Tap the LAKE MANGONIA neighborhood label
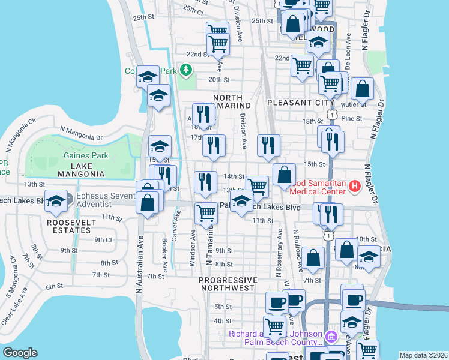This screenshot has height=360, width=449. tap(80, 169)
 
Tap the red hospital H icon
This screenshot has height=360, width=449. tap(354, 187)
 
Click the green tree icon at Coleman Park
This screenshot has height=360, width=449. tap(187, 71)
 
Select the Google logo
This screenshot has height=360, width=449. tap(20, 353)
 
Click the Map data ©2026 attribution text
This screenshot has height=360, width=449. tap(423, 355)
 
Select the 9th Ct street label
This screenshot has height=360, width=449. tap(103, 239)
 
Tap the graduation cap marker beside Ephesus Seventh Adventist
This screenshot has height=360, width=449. tap(56, 201)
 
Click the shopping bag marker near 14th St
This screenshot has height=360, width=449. tap(285, 175)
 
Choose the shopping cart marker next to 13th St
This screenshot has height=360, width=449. tap(257, 186)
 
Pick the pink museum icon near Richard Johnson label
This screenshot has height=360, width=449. tap(330, 334)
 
